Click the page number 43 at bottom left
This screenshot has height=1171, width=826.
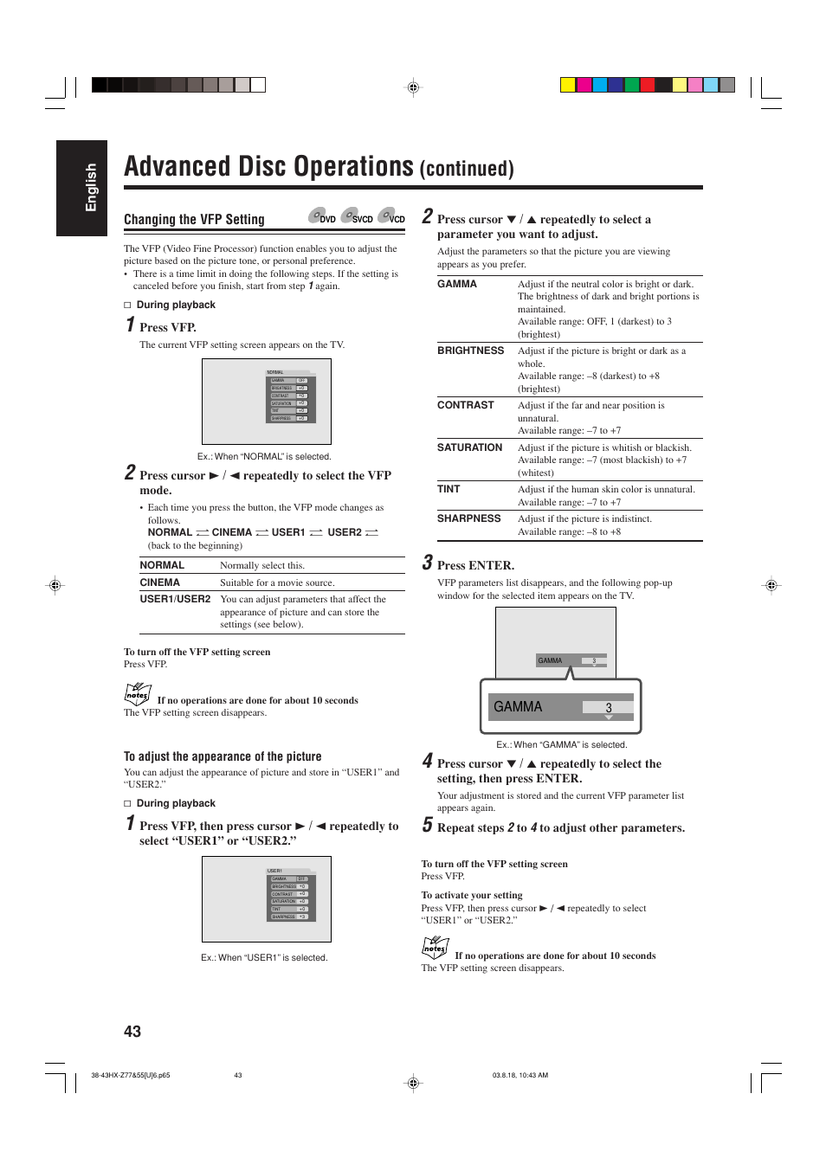click(132, 1031)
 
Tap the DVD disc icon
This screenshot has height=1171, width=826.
click(322, 216)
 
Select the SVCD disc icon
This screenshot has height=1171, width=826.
click(356, 216)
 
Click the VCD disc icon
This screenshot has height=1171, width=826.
click(391, 216)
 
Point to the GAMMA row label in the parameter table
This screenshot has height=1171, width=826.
click(457, 284)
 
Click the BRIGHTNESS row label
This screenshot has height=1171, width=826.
click(470, 351)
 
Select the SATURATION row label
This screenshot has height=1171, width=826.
click(469, 447)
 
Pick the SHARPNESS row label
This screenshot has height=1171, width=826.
click(468, 518)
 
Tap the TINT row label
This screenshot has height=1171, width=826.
click(448, 489)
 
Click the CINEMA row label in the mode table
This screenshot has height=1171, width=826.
click(160, 582)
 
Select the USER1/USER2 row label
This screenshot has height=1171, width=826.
click(175, 599)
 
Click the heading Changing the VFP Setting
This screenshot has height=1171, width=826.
click(194, 220)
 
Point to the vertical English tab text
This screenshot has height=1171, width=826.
click(91, 187)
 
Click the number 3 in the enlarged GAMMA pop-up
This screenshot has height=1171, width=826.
click(609, 708)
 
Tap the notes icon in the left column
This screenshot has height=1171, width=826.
click(138, 693)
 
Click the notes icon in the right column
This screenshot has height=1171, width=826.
click(435, 948)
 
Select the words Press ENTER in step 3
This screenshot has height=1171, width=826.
click(475, 565)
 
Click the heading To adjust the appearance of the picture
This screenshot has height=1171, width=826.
click(223, 756)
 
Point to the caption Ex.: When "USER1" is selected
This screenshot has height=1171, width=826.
click(264, 957)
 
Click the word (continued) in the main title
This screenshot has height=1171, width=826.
click(467, 169)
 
